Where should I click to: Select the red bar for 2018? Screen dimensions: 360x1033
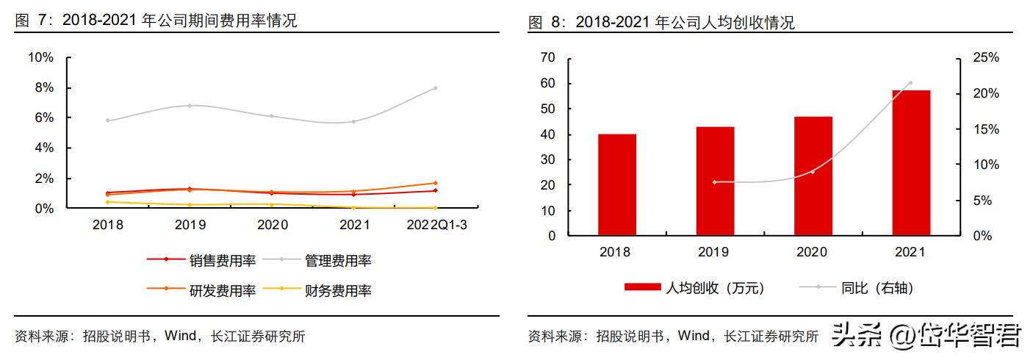617,185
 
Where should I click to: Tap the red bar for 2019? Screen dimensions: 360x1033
715,181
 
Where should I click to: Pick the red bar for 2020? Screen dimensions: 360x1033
813,176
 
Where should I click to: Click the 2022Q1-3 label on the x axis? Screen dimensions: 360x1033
436,225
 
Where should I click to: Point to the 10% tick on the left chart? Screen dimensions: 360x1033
40,58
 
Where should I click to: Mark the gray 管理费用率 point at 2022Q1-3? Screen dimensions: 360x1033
436,88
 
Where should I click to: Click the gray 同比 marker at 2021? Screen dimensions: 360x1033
910,83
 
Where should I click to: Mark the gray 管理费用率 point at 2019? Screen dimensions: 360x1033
190,106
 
